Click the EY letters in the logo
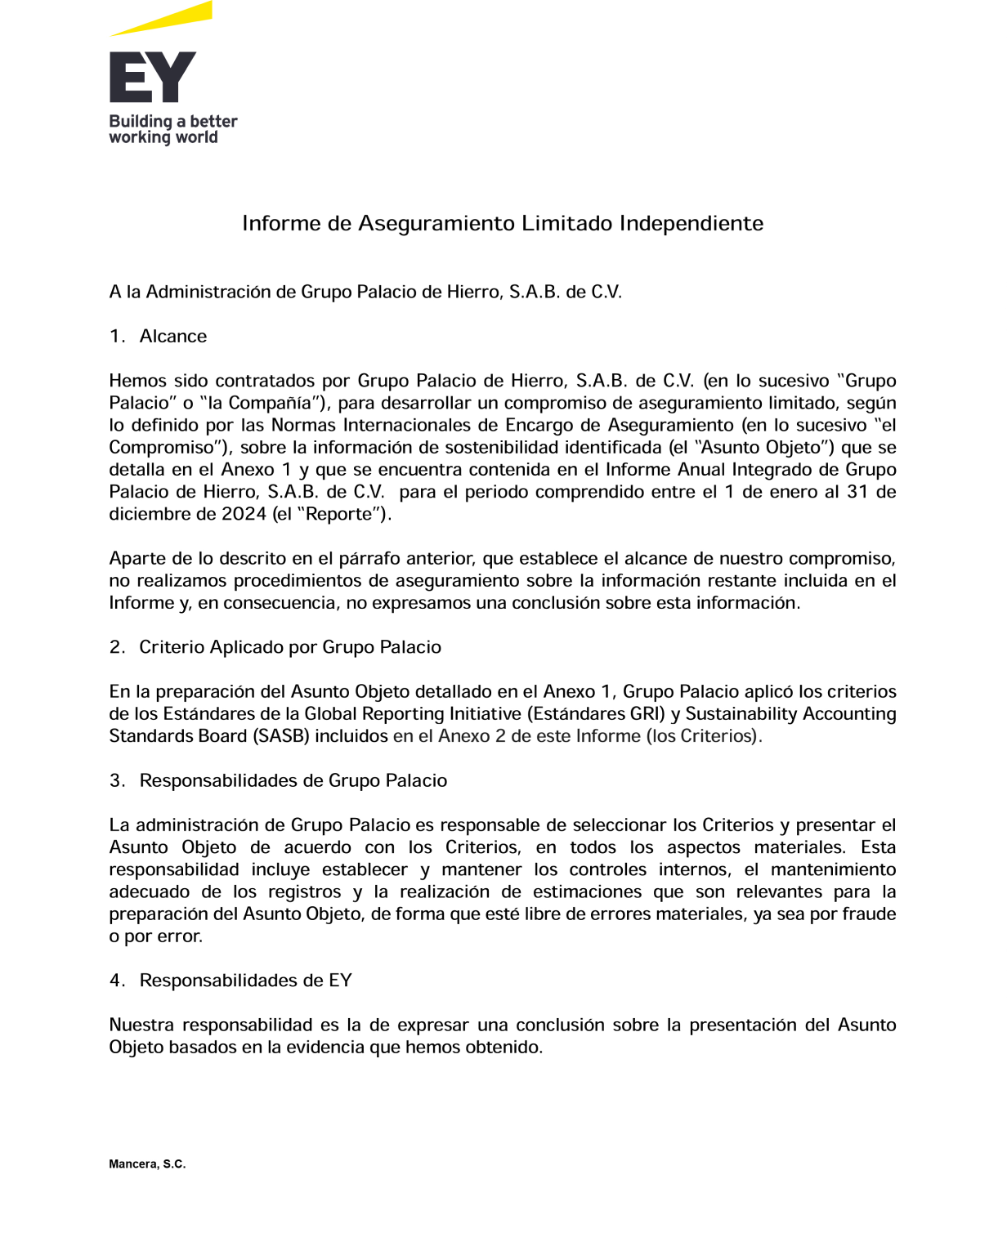[x=153, y=78]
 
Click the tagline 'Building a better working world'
[x=172, y=129]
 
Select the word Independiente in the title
[x=691, y=224]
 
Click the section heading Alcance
[x=173, y=337]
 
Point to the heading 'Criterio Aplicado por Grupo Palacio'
[x=290, y=647]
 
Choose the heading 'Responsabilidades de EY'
[x=245, y=981]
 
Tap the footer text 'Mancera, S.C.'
[x=147, y=1164]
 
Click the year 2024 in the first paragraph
[x=244, y=514]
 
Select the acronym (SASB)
[x=282, y=736]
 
